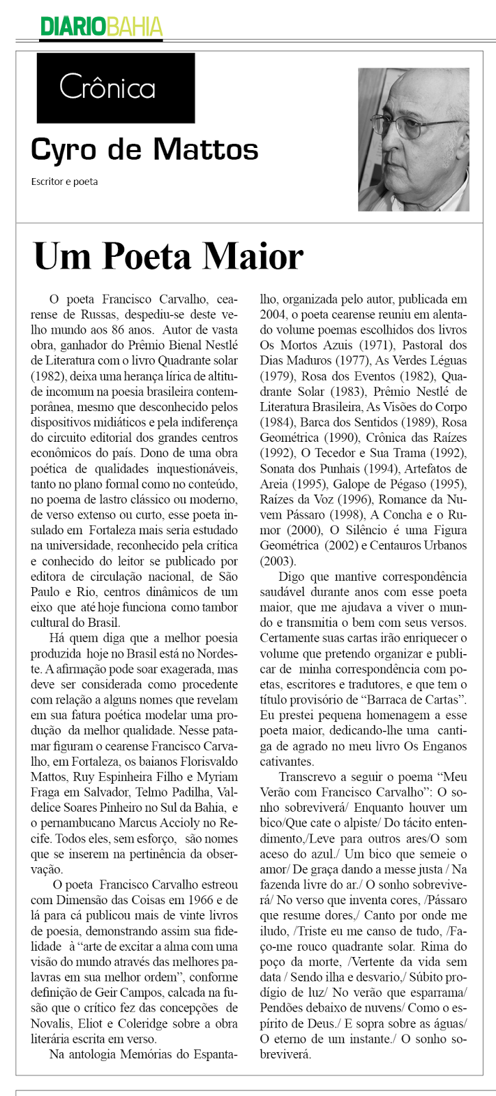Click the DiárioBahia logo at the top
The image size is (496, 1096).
[101, 27]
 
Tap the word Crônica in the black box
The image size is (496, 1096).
[107, 88]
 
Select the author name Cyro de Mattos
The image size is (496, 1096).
[144, 149]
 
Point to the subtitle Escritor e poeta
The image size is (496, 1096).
[64, 182]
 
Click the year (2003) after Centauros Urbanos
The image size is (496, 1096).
[277, 562]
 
